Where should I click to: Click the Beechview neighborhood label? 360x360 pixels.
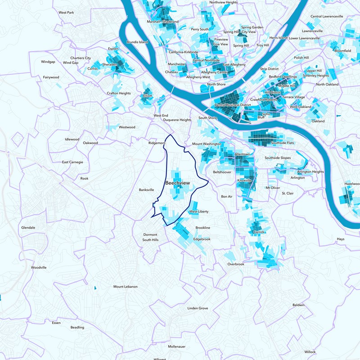pos(178,183)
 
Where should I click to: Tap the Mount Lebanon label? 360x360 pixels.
pos(126,287)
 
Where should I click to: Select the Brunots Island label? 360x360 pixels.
pos(137,42)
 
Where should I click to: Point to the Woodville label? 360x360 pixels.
pos(39,267)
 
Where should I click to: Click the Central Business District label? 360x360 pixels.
pos(233,105)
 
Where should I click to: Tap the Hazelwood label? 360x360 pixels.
pos(352,184)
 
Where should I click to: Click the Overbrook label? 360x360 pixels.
pos(236,264)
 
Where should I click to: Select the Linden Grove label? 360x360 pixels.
pos(198,308)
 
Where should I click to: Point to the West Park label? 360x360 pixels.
pos(66,13)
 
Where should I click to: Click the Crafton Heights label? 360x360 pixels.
pos(119,93)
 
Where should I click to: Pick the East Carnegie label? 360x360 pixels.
pos(72,162)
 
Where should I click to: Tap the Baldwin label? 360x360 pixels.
pos(298,305)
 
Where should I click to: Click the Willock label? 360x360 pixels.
pos(310,351)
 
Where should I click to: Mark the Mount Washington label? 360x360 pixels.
pos(207,144)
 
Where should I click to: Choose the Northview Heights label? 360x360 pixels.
pos(224,2)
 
